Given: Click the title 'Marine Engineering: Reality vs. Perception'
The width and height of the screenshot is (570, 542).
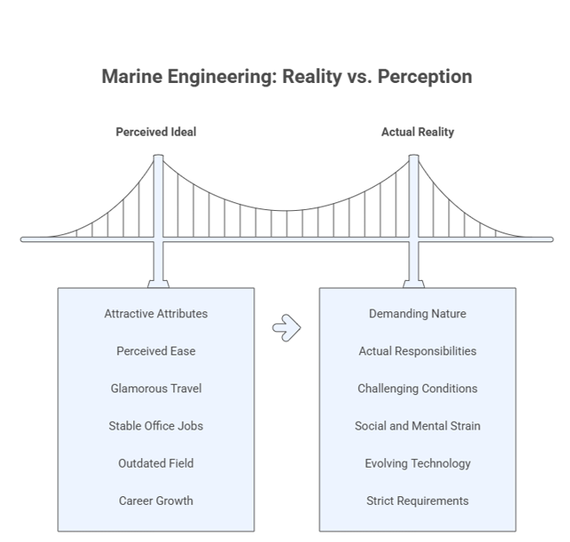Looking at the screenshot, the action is [287, 77].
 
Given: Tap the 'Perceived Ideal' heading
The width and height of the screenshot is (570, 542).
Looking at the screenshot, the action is [156, 132].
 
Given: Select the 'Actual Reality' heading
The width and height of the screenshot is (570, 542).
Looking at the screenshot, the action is [418, 132].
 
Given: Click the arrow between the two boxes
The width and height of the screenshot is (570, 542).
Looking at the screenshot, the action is [286, 328].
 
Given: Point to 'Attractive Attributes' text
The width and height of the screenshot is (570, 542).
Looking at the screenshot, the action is [156, 314].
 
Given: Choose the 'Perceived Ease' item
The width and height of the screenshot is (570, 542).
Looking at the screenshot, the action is [156, 351].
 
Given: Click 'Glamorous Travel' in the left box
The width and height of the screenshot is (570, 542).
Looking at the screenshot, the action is [156, 388].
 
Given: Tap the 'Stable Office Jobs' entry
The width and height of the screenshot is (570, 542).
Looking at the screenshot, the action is [156, 426].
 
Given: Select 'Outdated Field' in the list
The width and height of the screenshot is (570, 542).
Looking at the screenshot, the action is [156, 463].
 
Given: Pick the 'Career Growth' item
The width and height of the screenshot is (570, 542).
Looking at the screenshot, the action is [156, 501].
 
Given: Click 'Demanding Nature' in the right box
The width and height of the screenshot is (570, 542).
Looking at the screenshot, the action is [418, 314].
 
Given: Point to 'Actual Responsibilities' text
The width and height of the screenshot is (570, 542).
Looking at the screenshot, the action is [418, 351].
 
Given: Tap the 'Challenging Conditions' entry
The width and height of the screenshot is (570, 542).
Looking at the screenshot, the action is [418, 388].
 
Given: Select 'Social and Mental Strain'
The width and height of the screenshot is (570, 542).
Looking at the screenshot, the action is [418, 426].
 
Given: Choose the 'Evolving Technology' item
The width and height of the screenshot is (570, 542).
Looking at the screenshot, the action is [418, 463].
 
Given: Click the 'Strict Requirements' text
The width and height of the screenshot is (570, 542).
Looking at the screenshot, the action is [418, 501].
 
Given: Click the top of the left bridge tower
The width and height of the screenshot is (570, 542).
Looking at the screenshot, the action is [158, 156].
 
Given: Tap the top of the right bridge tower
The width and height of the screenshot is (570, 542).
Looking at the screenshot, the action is [413, 156].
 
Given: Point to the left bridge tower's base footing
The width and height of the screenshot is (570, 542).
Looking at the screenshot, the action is [158, 284].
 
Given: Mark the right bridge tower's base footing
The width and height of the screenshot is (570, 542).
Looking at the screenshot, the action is [413, 284].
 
